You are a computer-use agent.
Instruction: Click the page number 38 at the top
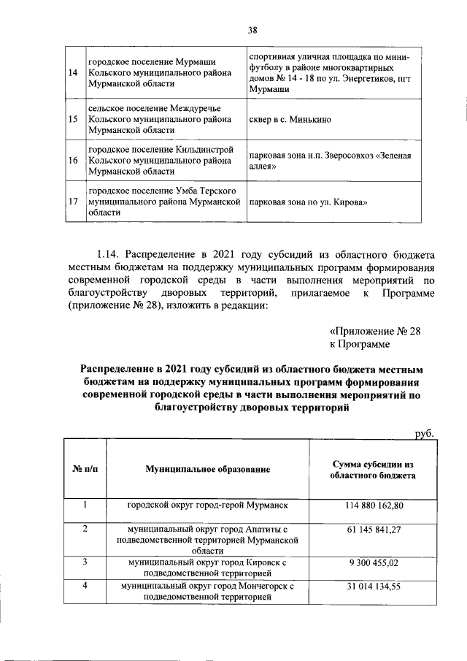tap(252, 30)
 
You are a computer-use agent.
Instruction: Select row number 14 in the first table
tap(73, 74)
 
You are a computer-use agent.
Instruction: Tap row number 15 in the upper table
tap(73, 119)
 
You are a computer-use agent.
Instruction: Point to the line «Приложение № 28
tap(375, 330)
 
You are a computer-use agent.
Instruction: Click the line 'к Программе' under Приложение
tap(359, 343)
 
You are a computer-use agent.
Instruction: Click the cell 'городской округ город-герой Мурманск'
tap(208, 505)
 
